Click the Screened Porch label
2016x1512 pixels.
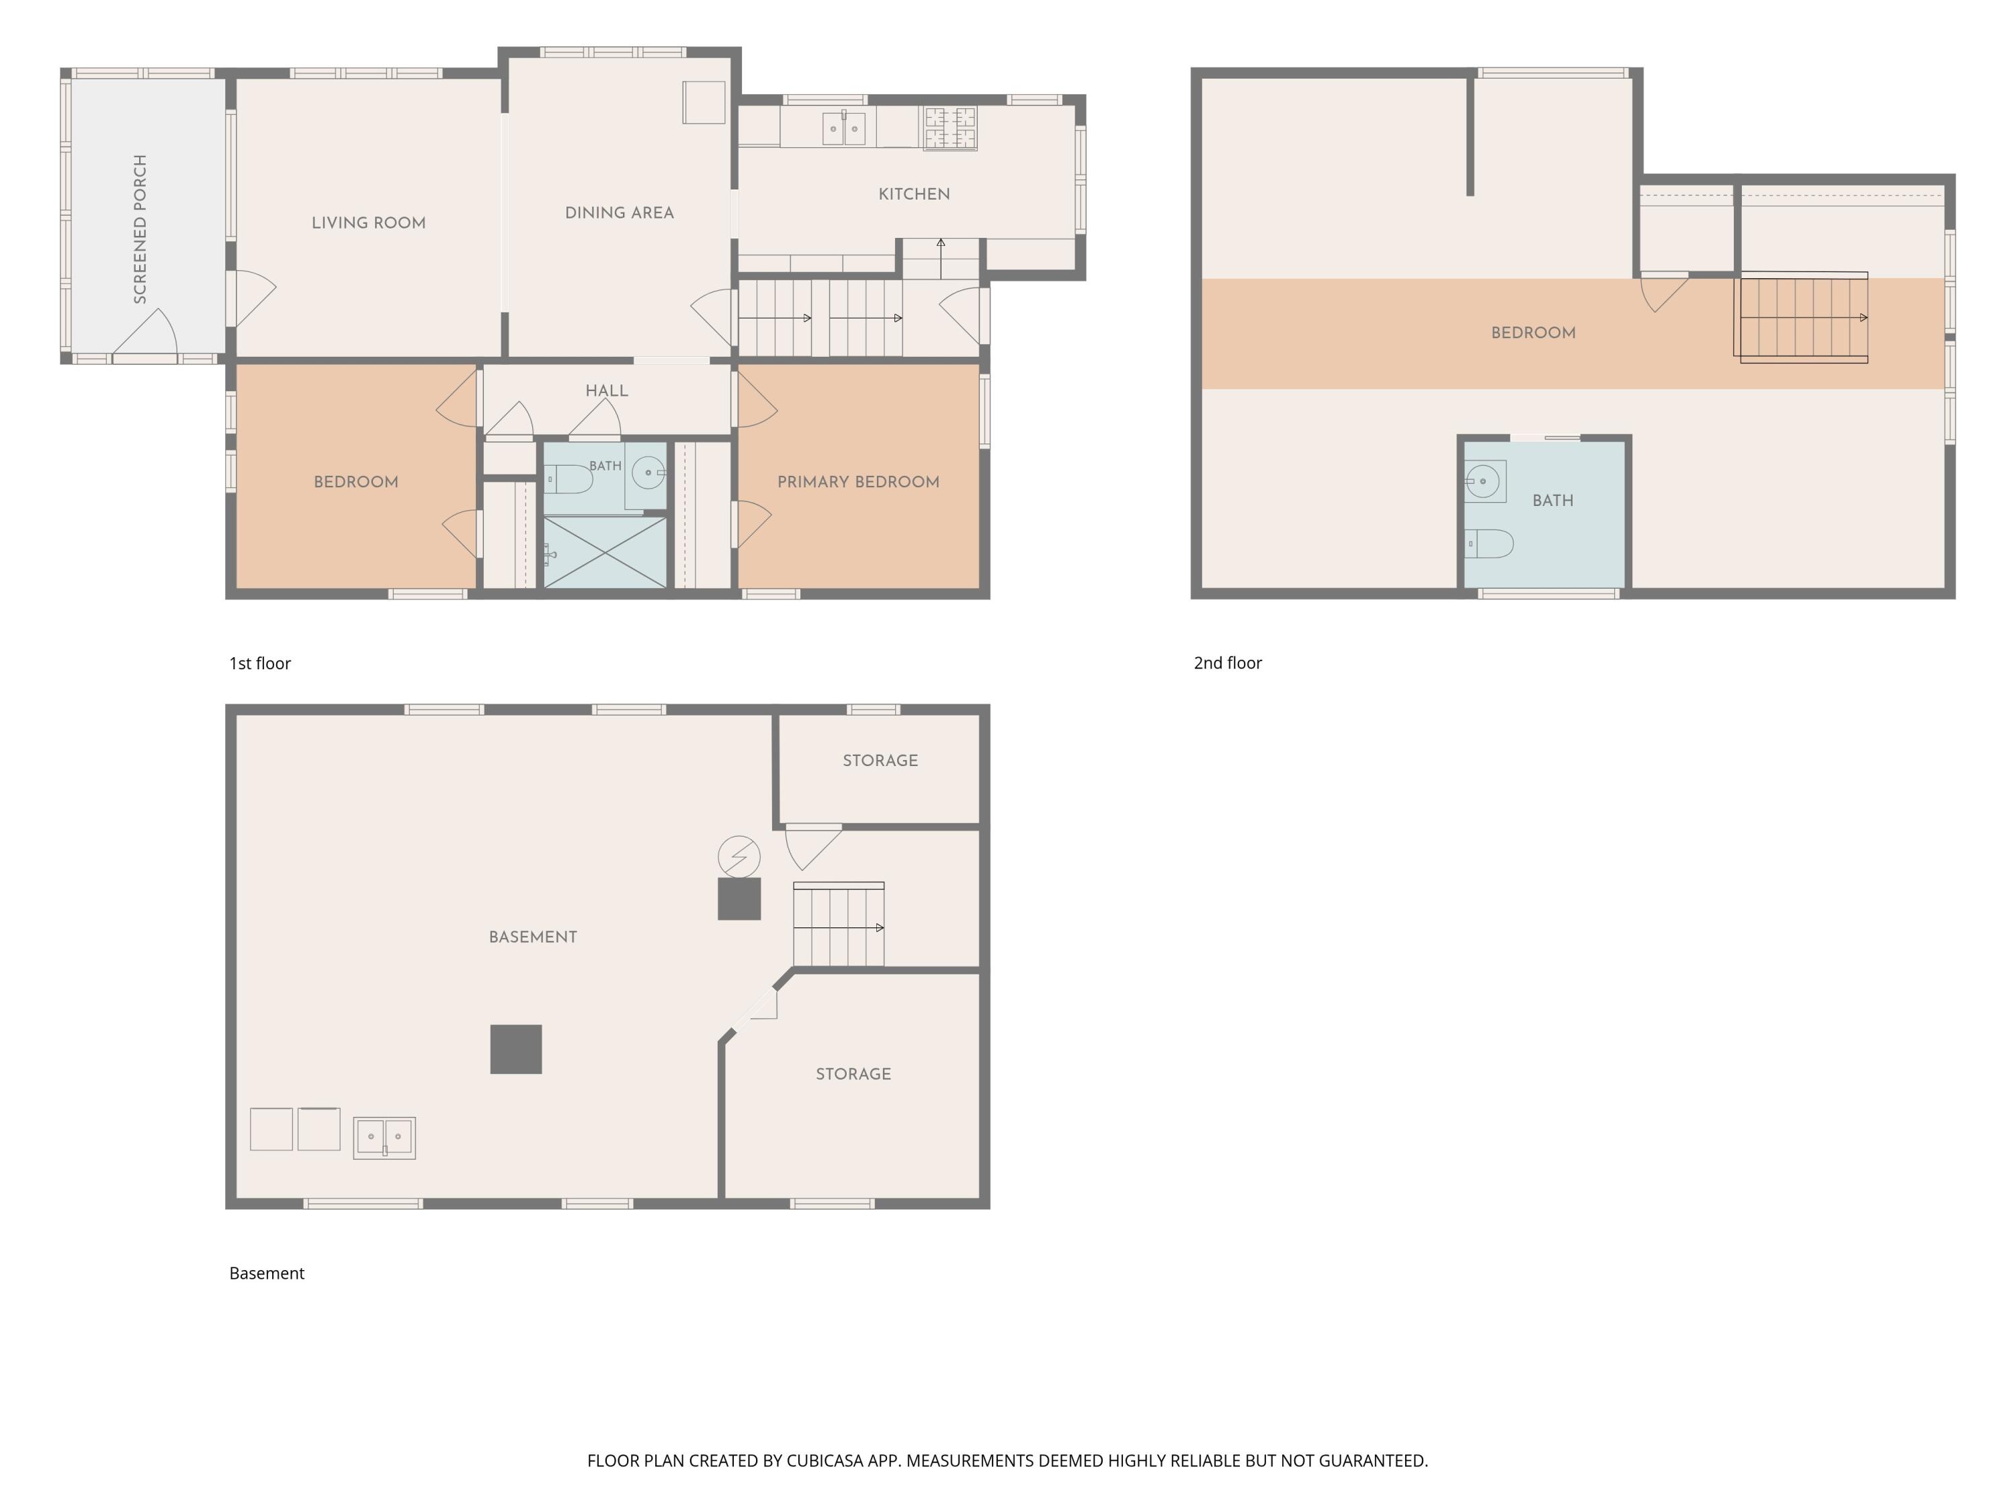pyautogui.click(x=140, y=228)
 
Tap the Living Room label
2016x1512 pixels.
pyautogui.click(x=368, y=223)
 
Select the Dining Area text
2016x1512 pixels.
pyautogui.click(x=620, y=213)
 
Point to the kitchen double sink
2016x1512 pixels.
pyautogui.click(x=844, y=128)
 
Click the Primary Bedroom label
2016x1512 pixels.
pyautogui.click(x=859, y=482)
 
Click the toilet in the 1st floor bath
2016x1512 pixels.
pyautogui.click(x=569, y=478)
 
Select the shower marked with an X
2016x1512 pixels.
pyautogui.click(x=605, y=552)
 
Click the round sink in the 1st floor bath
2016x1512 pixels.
pyautogui.click(x=648, y=473)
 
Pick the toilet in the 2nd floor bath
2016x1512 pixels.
pyautogui.click(x=1489, y=544)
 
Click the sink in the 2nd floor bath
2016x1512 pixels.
pyautogui.click(x=1484, y=481)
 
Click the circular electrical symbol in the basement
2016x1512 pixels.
pyautogui.click(x=739, y=857)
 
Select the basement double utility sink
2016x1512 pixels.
pyautogui.click(x=384, y=1138)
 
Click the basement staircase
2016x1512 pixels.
pyautogui.click(x=839, y=924)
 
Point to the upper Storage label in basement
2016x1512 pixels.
pyautogui.click(x=880, y=761)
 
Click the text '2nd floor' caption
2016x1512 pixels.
pyautogui.click(x=1228, y=663)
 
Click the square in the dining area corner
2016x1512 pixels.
pyautogui.click(x=704, y=102)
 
